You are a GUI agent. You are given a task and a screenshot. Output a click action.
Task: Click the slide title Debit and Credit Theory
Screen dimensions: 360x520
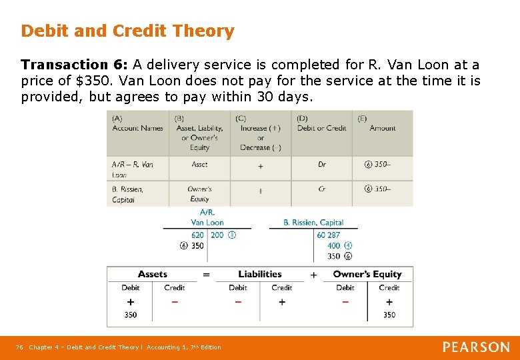click(127, 31)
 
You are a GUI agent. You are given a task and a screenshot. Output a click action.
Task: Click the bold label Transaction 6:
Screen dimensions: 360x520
click(74, 65)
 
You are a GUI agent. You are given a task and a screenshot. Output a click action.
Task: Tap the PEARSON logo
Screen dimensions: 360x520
click(476, 347)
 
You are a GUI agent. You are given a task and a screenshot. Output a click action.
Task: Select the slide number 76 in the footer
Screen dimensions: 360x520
click(19, 347)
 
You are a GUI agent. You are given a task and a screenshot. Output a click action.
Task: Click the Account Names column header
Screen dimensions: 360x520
click(137, 128)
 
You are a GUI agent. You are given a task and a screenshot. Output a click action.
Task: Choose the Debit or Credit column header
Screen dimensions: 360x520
click(321, 128)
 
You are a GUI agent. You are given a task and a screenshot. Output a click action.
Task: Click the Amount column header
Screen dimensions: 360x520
click(383, 128)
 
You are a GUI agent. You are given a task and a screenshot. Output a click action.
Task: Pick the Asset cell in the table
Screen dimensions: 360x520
click(199, 164)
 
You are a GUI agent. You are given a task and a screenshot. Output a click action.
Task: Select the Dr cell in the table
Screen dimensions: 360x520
click(322, 164)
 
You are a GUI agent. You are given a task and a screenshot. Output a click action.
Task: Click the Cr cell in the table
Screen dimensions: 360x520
click(322, 189)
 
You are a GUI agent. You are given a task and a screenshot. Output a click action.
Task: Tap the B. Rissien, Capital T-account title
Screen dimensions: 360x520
click(313, 223)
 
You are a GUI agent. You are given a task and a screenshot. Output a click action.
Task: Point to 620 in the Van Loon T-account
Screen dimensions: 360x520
click(197, 235)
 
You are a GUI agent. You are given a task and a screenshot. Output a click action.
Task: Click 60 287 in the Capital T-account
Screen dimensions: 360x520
click(329, 235)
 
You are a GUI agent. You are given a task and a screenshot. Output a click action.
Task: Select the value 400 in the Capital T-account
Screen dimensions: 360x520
click(333, 246)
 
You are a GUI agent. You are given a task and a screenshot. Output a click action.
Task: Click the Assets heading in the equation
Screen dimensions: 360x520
click(153, 274)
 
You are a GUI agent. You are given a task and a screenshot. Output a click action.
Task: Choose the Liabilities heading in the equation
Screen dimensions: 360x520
click(259, 274)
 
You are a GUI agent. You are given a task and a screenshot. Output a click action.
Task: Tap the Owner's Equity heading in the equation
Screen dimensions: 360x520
click(367, 274)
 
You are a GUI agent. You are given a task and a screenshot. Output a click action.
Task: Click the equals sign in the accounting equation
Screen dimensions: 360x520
click(206, 275)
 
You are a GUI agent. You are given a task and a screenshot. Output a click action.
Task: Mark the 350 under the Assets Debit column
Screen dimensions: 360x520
click(131, 315)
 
